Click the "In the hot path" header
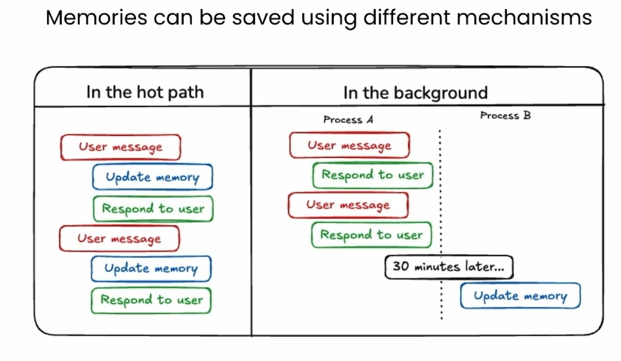[145, 93]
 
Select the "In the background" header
[415, 93]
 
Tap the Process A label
[348, 120]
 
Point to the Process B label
[506, 115]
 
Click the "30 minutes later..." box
[449, 267]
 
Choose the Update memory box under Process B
[520, 296]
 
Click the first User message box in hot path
[120, 147]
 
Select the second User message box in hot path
[119, 238]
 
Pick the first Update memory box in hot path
[152, 177]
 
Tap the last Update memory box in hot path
[151, 268]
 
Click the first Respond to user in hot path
[153, 209]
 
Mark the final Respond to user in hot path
[151, 300]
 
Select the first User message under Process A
[349, 146]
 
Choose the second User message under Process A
[348, 205]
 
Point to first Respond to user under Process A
[372, 175]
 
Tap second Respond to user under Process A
[371, 235]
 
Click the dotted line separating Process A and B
[440, 200]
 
